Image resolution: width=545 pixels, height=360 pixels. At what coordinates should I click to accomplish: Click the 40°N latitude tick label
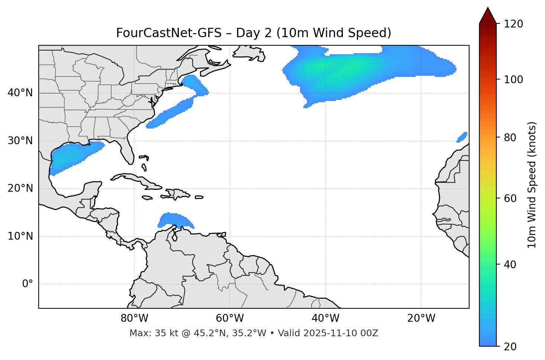pos(20,93)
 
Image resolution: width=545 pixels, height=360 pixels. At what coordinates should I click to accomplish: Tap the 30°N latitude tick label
pos(20,141)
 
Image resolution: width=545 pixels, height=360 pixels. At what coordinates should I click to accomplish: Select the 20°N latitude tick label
pos(20,188)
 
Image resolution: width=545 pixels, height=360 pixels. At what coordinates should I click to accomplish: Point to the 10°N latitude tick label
pos(20,236)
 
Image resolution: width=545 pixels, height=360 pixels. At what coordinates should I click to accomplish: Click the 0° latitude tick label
pos(27,284)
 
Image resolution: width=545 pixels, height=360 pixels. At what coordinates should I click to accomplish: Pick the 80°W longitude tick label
pos(134,318)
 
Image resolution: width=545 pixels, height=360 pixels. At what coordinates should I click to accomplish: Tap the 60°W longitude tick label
pos(230,318)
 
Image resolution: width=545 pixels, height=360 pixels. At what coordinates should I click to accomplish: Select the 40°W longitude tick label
pos(325,318)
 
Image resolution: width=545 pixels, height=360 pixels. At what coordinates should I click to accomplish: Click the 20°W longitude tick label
pos(421,318)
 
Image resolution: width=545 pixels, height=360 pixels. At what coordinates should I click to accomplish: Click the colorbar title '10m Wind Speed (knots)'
pos(532,185)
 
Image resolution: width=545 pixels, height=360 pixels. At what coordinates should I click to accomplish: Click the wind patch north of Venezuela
pos(175,220)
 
